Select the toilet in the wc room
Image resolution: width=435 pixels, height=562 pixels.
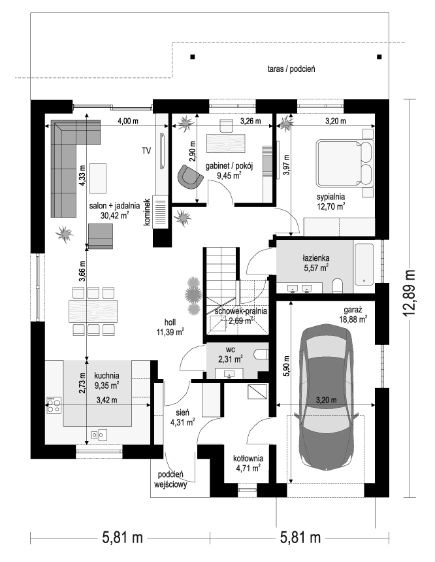coord(261,355)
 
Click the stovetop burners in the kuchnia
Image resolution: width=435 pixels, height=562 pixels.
coord(54,405)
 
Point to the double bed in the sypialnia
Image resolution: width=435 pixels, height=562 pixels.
coord(345,163)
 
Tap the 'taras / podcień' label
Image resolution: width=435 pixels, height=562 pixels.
coord(291,69)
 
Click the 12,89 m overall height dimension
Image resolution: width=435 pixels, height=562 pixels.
coord(409,293)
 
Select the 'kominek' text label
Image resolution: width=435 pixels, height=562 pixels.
coord(146,212)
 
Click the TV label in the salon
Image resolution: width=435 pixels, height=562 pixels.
coord(146,151)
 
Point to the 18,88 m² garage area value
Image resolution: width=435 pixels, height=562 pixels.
coord(353,320)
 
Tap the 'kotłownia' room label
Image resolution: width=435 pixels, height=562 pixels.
coord(248,458)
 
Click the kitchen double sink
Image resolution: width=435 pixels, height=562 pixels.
coord(99,435)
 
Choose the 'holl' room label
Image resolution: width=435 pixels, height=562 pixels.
coord(170,322)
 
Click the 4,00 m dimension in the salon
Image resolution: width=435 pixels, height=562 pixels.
coord(128,121)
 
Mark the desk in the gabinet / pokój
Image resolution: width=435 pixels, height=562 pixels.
coord(226,143)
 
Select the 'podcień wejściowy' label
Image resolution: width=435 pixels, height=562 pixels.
coord(170,480)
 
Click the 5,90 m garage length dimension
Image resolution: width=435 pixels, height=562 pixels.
coord(286,366)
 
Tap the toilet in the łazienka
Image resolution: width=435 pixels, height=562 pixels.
coord(338,286)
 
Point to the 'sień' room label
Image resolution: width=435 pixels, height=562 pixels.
coord(182,412)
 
